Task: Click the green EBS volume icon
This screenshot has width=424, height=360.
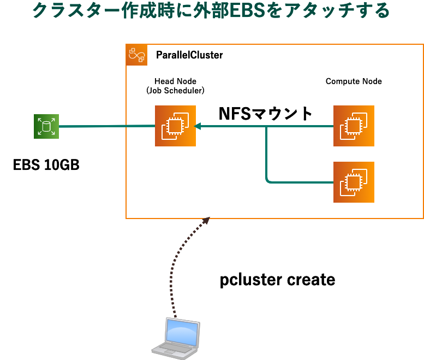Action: click(46, 126)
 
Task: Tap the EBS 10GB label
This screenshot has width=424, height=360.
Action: click(46, 164)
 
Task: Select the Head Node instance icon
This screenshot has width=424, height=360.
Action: click(175, 126)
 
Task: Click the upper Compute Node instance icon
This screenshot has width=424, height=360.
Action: click(354, 126)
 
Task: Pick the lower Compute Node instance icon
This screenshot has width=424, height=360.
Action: click(354, 182)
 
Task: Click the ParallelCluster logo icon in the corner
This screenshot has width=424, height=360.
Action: click(136, 55)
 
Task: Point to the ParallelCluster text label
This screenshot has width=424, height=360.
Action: click(189, 55)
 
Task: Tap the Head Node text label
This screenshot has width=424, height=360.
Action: click(175, 81)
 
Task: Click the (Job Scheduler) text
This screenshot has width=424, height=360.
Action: click(175, 91)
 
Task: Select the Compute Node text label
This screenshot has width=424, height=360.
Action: click(354, 81)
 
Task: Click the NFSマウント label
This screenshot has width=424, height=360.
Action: click(265, 114)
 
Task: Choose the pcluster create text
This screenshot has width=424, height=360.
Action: click(277, 280)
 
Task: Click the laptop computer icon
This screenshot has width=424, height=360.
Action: click(175, 337)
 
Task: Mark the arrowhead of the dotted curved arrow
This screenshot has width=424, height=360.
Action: click(206, 220)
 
